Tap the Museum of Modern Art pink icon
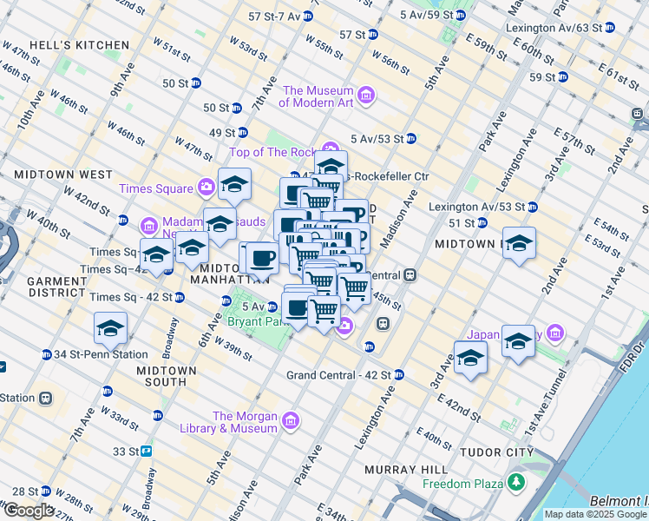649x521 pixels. coord(366,96)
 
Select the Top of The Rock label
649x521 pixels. coord(273,153)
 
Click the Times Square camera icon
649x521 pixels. coord(206,186)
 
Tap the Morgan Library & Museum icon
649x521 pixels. coord(291,422)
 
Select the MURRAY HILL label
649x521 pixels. coord(393,470)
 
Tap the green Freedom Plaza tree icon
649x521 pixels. coord(518,481)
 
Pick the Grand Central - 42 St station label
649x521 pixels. coord(338,375)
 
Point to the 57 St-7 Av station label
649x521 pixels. coord(274,16)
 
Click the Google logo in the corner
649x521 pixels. coord(29,511)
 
